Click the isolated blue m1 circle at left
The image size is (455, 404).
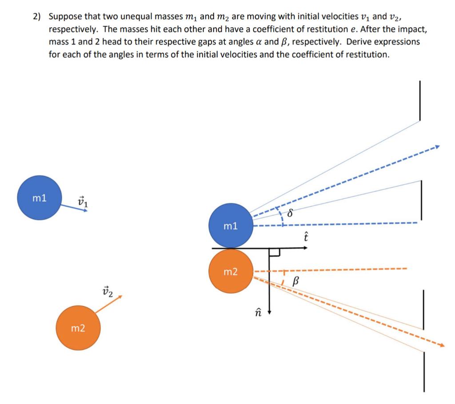pos(40,198)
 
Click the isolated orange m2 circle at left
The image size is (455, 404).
pos(78,328)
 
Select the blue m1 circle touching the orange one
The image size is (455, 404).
pos(231,226)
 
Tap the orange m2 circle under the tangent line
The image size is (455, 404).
pos(231,271)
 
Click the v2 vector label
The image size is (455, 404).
pos(108,291)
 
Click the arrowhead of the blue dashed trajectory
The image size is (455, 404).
pos(437,147)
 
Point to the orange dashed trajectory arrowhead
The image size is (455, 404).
pos(441,344)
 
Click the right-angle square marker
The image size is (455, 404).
pos(274,253)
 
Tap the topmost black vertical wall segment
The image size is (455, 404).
pos(419,100)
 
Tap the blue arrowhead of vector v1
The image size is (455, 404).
pos(85,210)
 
